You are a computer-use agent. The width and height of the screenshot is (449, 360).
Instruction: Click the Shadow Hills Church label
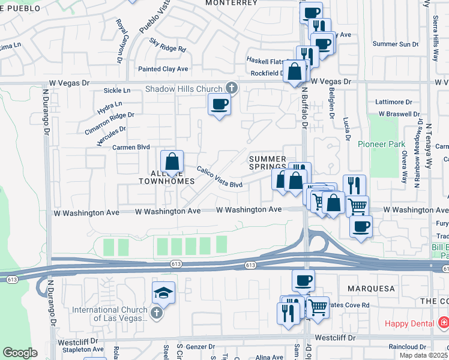[x=183, y=89]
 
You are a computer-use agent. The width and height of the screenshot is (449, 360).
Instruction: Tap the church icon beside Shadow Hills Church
[x=231, y=89]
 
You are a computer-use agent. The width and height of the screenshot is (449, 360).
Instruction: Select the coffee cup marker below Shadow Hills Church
[x=219, y=104]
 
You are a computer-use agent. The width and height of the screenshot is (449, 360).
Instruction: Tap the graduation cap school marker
[x=163, y=293]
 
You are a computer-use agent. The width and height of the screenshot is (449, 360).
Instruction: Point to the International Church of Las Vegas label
[x=110, y=314]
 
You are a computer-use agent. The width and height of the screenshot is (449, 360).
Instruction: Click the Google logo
[x=20, y=353]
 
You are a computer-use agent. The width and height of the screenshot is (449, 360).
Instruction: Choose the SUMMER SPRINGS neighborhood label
[x=268, y=163]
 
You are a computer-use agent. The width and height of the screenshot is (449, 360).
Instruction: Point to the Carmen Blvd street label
[x=131, y=146]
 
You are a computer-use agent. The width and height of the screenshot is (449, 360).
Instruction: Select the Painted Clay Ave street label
[x=163, y=69]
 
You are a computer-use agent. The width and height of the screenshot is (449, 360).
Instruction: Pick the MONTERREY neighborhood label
[x=231, y=3]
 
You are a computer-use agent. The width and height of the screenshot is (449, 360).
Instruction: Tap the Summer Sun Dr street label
[x=395, y=44]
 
